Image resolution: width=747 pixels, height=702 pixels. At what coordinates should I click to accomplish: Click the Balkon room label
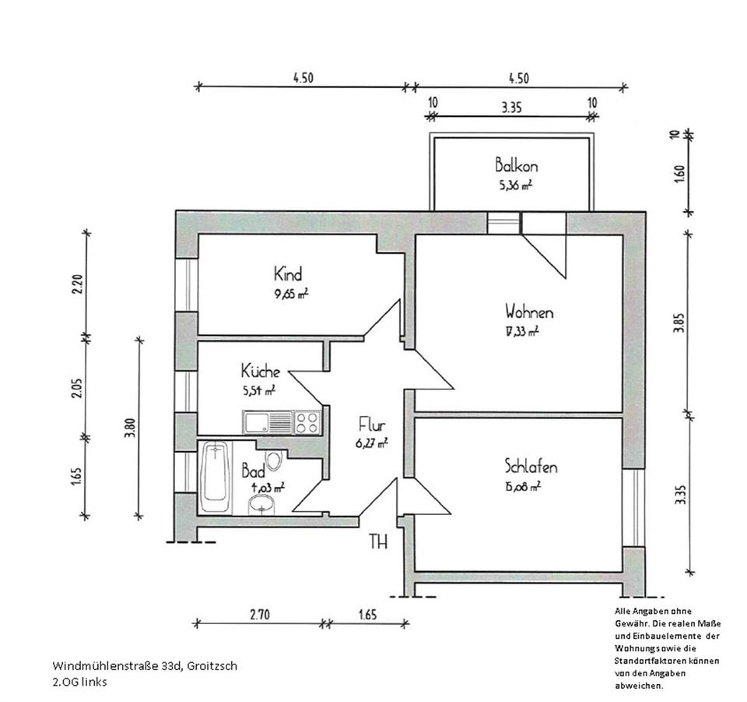coord(517,165)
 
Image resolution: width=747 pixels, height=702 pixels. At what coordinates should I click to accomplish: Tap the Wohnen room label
coord(529,312)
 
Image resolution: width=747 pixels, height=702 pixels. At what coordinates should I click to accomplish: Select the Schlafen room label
coord(531,467)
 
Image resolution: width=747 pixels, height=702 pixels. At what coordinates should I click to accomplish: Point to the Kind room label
coord(287,274)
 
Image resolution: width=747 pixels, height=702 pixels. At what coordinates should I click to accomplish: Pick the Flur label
coord(372,425)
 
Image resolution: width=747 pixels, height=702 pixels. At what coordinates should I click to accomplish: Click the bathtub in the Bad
coord(214,477)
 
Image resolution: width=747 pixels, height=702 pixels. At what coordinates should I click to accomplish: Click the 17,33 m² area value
coord(521,330)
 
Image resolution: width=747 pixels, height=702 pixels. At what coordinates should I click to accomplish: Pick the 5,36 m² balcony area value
coord(515,185)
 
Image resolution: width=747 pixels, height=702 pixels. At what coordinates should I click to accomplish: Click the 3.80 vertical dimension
coord(130,429)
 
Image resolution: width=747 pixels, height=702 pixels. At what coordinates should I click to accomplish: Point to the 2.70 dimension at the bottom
coord(259,614)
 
